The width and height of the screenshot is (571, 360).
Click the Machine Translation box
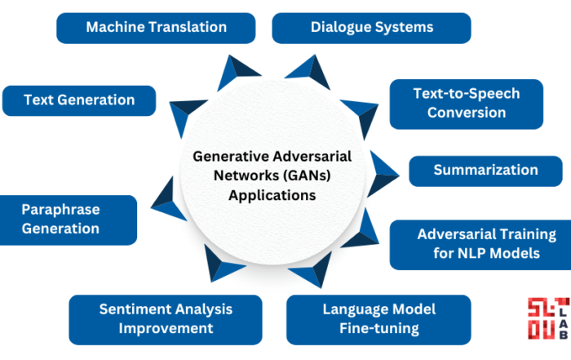click(x=156, y=28)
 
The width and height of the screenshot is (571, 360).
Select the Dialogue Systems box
click(x=371, y=28)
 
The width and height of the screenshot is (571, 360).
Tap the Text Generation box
click(x=79, y=100)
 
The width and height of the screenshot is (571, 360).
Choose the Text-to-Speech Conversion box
click(x=467, y=104)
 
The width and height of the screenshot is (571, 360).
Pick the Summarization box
click(x=486, y=171)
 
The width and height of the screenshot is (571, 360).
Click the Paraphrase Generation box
click(x=68, y=220)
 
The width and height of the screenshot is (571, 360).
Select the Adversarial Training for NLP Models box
click(x=480, y=245)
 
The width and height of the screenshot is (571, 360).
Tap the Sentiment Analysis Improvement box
click(x=166, y=319)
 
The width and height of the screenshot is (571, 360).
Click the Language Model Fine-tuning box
click(x=378, y=319)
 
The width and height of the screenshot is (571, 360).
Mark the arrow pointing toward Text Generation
click(x=185, y=114)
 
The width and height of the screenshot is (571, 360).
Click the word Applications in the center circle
click(x=272, y=195)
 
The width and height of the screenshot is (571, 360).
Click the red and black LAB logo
click(x=549, y=318)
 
